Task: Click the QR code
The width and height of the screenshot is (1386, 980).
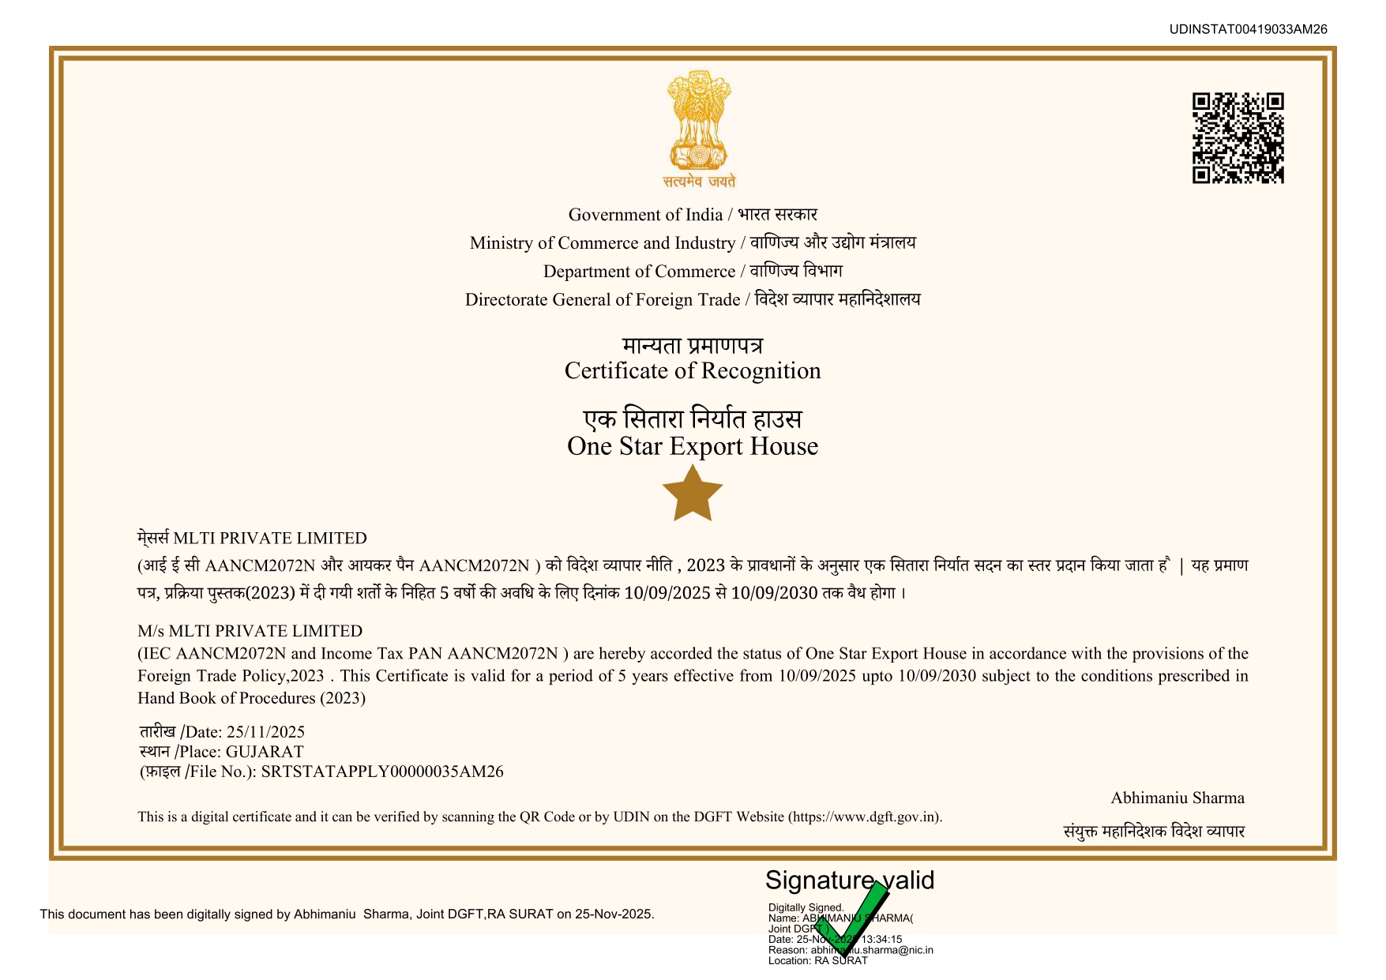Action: coord(1238,138)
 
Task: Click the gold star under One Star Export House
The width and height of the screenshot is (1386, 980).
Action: coord(693,494)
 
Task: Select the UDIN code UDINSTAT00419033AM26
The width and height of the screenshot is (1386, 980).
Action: coord(1248,29)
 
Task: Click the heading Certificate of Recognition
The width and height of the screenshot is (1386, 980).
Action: coord(693,371)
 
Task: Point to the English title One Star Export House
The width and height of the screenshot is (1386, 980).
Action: coord(693,446)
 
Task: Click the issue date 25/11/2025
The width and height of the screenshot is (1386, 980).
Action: coord(265,732)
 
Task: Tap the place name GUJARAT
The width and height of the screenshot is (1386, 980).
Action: coord(265,752)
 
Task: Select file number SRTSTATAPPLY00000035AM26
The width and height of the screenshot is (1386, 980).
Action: coord(382,772)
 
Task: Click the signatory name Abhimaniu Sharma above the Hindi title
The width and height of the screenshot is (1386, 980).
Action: coord(1177,798)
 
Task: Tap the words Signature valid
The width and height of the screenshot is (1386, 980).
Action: coord(849,880)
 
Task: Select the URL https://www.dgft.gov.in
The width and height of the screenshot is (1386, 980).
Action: coord(864,817)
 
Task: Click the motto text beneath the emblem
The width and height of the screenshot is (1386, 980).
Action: coord(699,182)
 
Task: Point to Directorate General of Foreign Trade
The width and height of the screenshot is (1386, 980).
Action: coord(603,300)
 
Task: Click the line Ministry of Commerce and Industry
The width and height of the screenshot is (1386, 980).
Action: coord(603,243)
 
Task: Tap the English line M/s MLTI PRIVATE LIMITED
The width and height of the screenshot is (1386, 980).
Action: coord(250,631)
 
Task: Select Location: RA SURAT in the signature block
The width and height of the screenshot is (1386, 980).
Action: coord(817,961)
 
